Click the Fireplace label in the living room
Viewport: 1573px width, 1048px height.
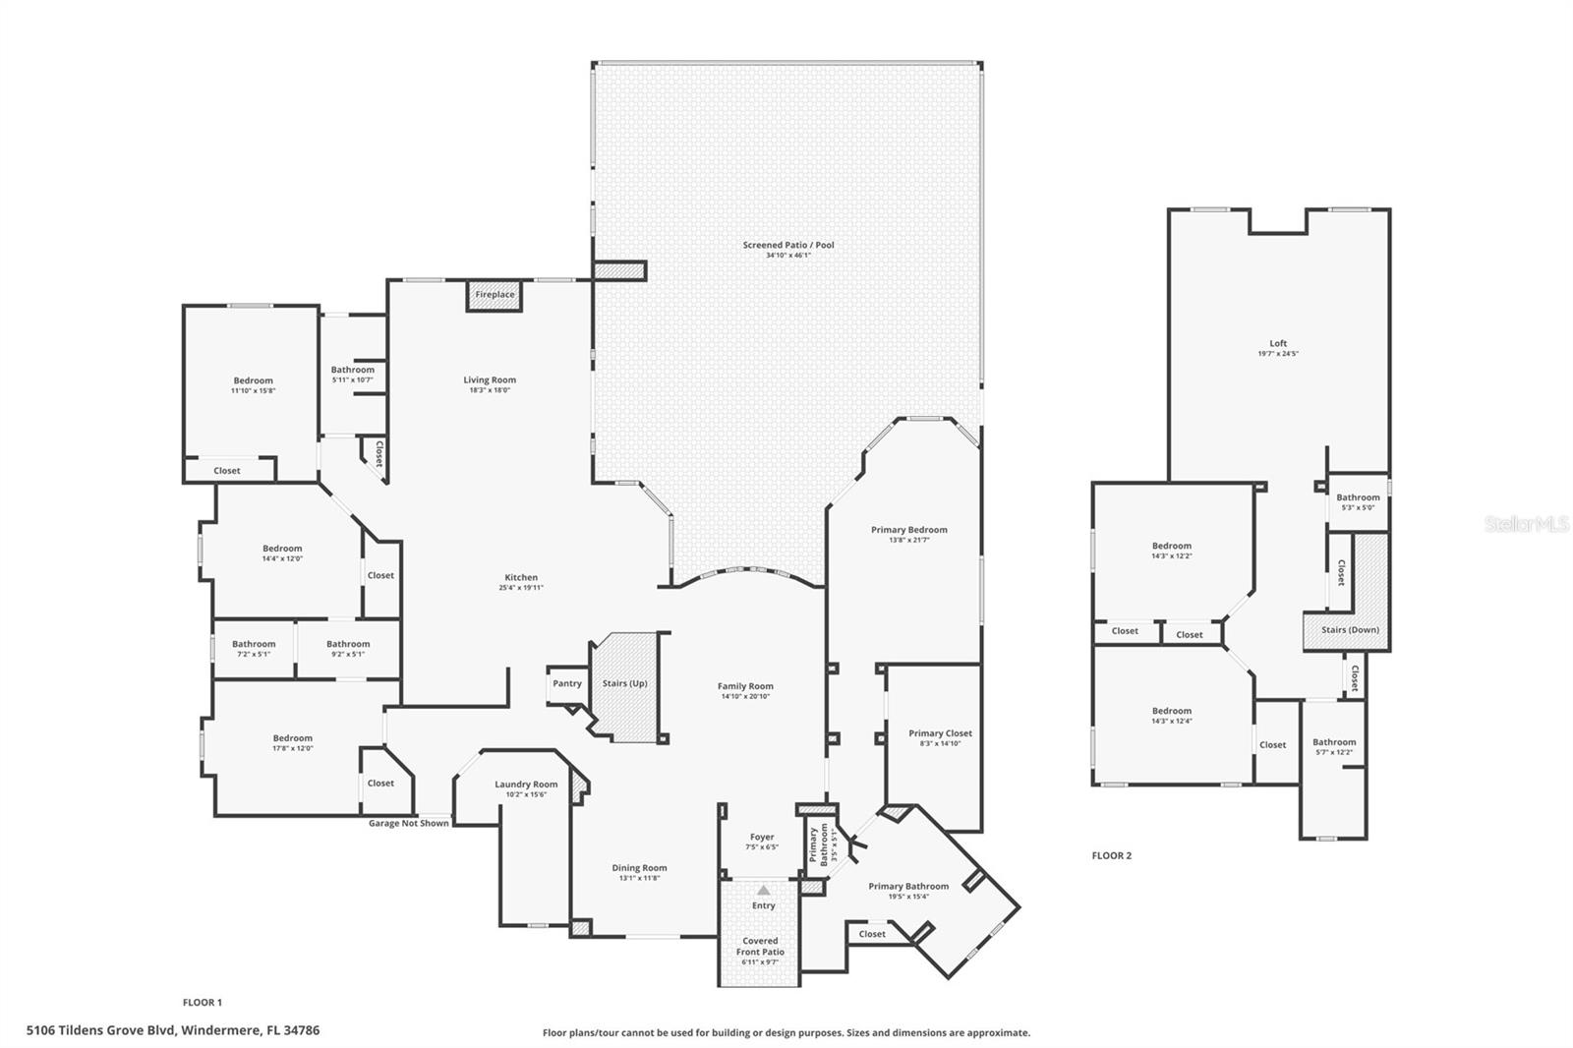pos(495,295)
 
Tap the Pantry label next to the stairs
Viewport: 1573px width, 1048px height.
pos(567,683)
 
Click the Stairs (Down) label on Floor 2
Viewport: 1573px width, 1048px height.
pos(1349,629)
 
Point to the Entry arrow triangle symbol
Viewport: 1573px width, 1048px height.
pos(763,890)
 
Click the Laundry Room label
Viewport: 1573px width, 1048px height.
pos(526,785)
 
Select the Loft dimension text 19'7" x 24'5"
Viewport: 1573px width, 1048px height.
pos(1278,354)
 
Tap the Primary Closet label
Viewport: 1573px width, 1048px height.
pos(940,733)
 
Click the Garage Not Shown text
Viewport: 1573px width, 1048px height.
pos(408,823)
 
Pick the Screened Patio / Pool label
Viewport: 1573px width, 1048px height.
pos(788,245)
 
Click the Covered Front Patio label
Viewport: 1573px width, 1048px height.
pos(760,946)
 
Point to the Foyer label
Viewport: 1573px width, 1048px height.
pos(762,838)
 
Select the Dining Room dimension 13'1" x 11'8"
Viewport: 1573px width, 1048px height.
pos(639,878)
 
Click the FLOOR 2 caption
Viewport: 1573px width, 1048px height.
pos(1111,855)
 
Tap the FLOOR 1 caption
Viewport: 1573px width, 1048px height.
pos(203,1003)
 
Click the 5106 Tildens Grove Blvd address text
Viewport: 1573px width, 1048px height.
pos(173,1030)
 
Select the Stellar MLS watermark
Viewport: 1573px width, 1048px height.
pos(1527,525)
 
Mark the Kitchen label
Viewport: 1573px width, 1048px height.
pos(521,578)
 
